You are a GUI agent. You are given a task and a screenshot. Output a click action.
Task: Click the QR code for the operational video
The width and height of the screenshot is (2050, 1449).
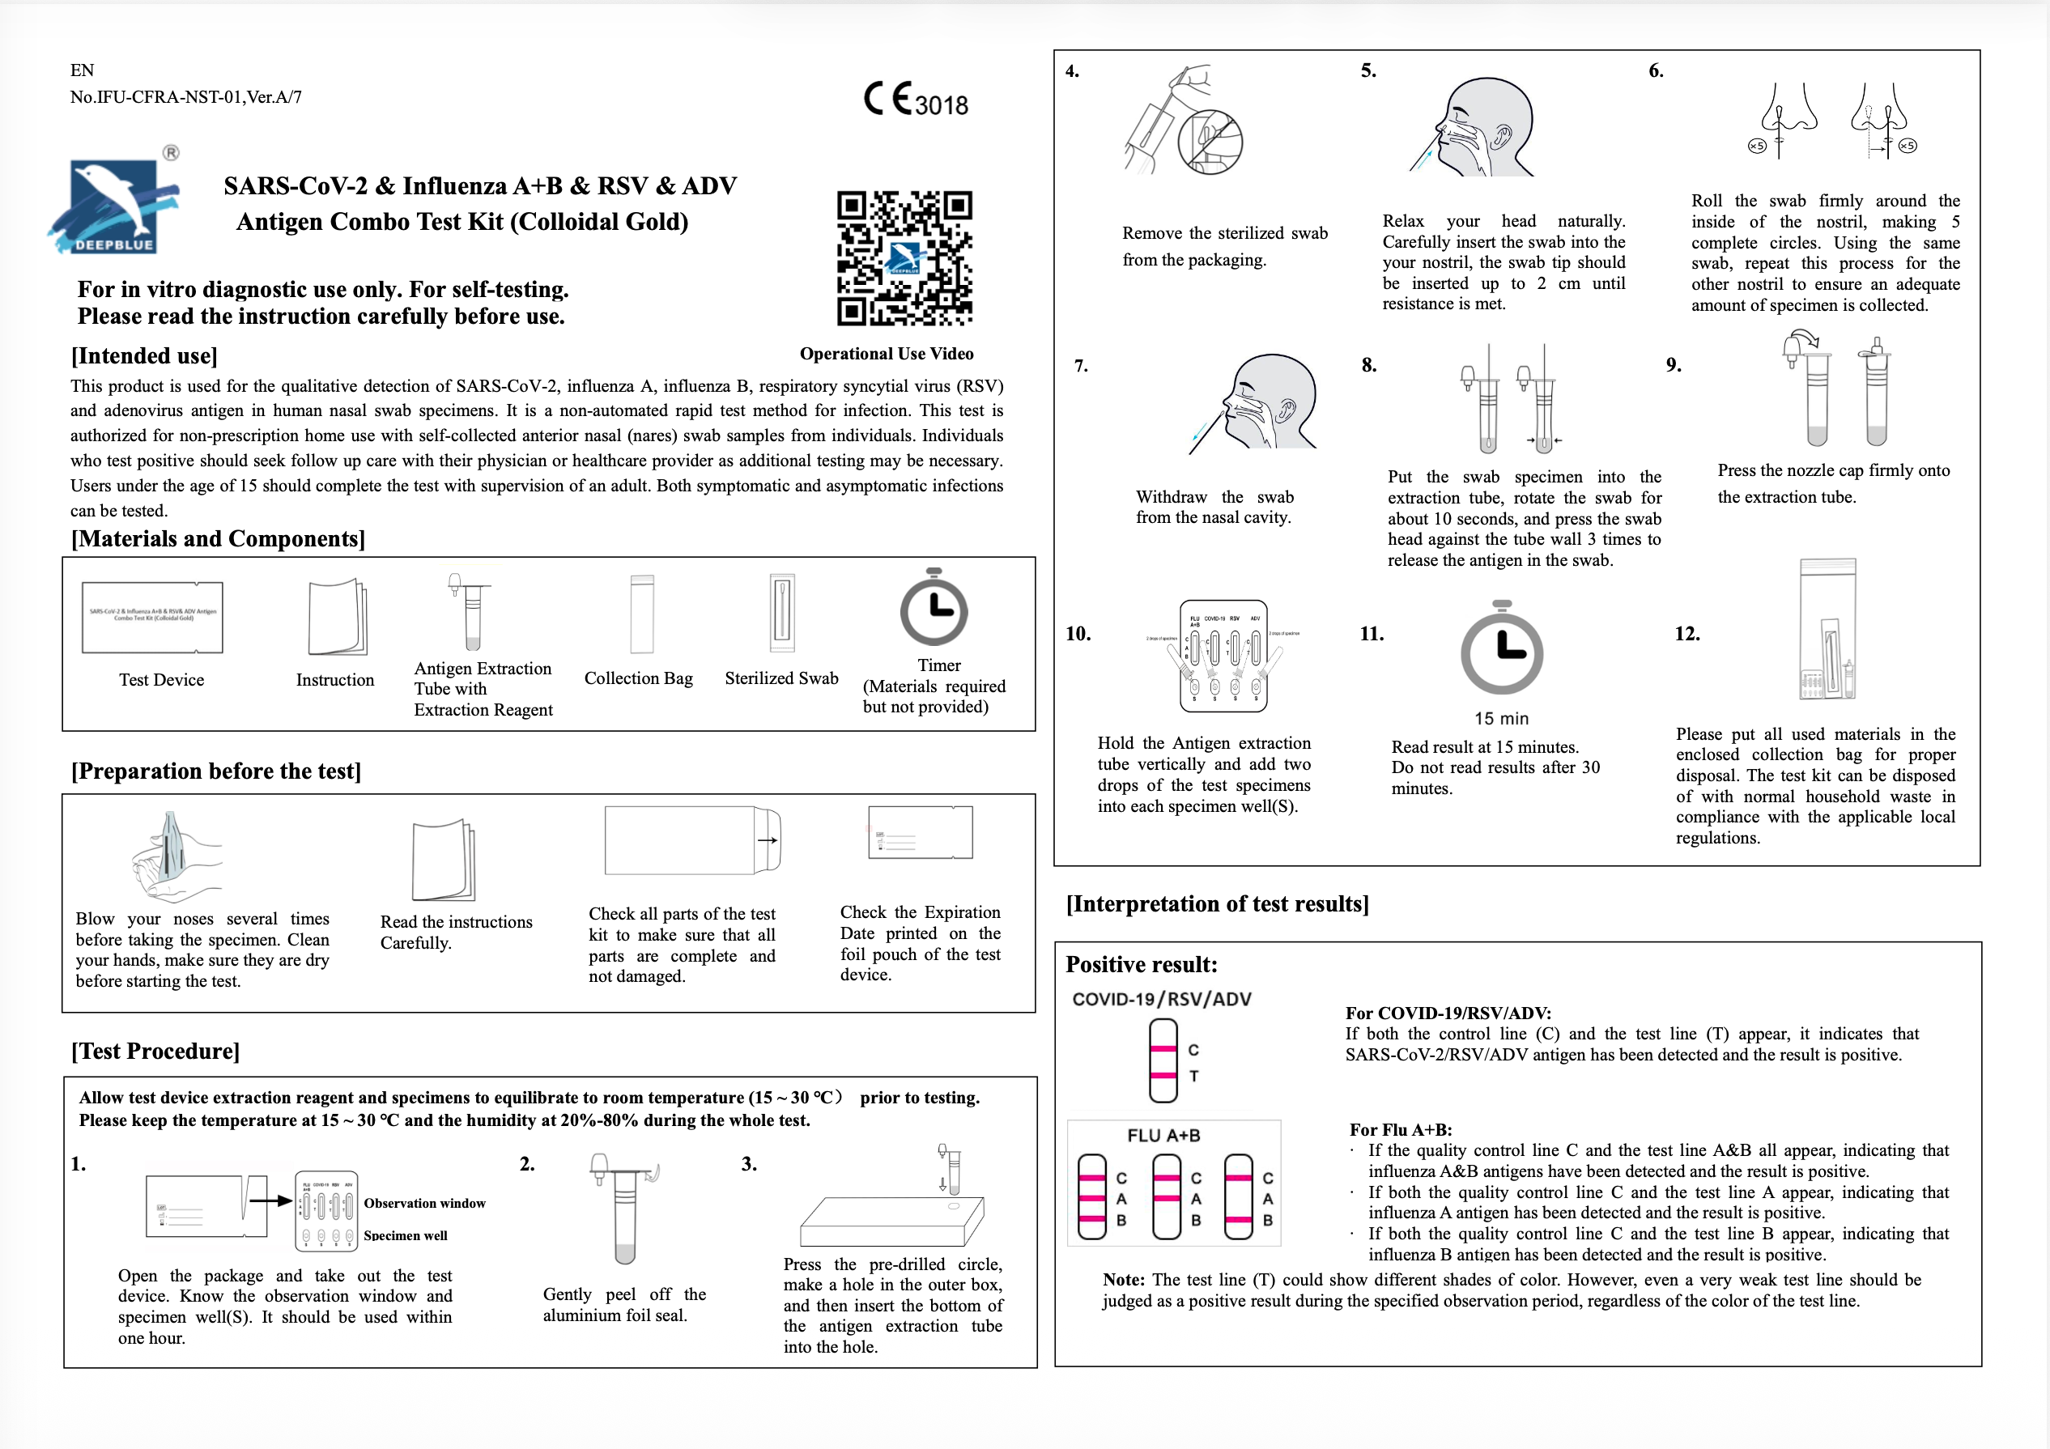point(904,258)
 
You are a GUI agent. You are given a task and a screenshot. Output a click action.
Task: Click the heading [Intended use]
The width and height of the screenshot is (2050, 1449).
point(144,356)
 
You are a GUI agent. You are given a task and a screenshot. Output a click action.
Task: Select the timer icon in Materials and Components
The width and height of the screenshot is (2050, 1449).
point(933,609)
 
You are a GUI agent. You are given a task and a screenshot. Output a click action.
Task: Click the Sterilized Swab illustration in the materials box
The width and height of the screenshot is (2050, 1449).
point(781,614)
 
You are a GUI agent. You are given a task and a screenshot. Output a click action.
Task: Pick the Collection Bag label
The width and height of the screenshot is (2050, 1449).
point(638,678)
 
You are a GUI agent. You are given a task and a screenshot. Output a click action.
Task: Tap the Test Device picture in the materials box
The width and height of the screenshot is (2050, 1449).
point(153,618)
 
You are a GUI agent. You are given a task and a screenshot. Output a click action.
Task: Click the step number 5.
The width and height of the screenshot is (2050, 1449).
point(1367,71)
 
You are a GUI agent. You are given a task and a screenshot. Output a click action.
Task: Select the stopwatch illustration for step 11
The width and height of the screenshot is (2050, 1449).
point(1502,650)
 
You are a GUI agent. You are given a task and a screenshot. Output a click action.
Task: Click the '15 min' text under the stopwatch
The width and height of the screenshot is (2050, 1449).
point(1501,719)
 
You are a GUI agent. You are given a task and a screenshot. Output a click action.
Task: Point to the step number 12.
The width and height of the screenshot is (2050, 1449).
point(1686,634)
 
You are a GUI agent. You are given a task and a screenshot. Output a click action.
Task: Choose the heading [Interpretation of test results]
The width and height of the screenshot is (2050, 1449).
point(1217,904)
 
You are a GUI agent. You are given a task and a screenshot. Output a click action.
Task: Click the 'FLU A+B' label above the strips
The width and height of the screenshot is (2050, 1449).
point(1163,1136)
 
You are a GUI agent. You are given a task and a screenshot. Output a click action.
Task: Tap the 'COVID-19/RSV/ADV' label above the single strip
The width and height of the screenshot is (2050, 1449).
point(1162,1000)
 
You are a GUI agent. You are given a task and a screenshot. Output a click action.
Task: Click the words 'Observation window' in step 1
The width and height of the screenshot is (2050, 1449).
point(424,1204)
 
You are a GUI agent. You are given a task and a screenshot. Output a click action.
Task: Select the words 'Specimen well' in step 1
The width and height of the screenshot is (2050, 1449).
point(406,1235)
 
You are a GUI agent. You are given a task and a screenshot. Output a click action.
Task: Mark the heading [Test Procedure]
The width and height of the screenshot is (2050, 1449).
point(155,1051)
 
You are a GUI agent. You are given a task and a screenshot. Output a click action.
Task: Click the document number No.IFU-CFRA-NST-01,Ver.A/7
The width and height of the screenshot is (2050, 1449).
point(185,97)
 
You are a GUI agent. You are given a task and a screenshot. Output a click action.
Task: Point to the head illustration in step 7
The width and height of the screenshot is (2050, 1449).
point(1268,402)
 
